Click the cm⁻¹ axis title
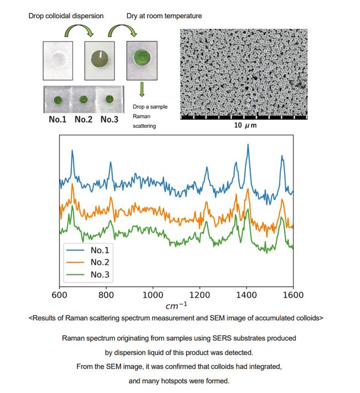point(177,306)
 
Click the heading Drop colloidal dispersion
point(66,16)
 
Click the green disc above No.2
point(83,100)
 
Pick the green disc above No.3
point(109,100)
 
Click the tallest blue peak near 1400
point(248,146)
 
